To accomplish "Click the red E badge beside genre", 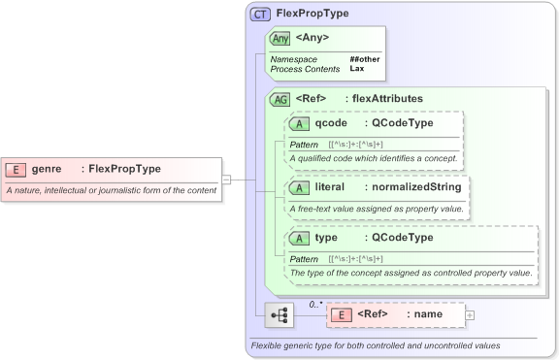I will (x=16, y=169).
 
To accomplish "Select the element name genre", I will (x=47, y=169).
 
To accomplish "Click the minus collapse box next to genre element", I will (x=226, y=180).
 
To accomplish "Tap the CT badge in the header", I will (x=260, y=14).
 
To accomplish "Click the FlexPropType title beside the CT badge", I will (x=312, y=14).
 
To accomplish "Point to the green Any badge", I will (x=279, y=38).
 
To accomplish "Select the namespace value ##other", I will (x=364, y=59).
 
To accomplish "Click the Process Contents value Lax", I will (x=356, y=69).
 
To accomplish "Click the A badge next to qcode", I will (x=300, y=123).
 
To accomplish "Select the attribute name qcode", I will (x=331, y=123).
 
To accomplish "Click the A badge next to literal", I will (x=300, y=186).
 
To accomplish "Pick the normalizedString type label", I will (x=415, y=186).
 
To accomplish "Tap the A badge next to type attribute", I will (x=300, y=238).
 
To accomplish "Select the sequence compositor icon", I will (x=279, y=314).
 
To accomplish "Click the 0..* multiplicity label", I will (x=314, y=304).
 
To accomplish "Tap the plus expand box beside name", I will (x=470, y=314).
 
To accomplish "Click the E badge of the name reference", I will (x=341, y=314).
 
